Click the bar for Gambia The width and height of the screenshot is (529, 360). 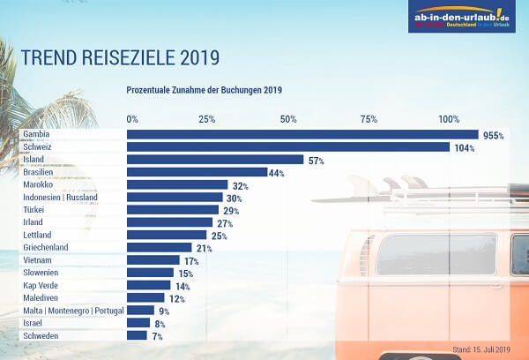pyautogui.click(x=302, y=135)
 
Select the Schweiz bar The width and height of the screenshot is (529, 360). pyautogui.click(x=288, y=147)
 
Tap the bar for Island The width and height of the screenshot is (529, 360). pyautogui.click(x=215, y=160)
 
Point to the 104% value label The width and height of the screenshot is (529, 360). pyautogui.click(x=465, y=148)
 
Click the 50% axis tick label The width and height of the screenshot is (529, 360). pyautogui.click(x=287, y=119)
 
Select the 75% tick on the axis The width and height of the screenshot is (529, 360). pyautogui.click(x=369, y=119)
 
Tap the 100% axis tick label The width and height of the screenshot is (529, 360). pyautogui.click(x=450, y=119)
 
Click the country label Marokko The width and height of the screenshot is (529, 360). pyautogui.click(x=39, y=185)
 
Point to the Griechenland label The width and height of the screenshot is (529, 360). pyautogui.click(x=46, y=248)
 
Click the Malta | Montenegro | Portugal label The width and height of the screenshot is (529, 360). pyautogui.click(x=73, y=311)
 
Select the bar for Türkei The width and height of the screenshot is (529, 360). pyautogui.click(x=171, y=210)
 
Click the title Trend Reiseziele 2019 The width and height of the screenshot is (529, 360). pyautogui.click(x=119, y=58)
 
